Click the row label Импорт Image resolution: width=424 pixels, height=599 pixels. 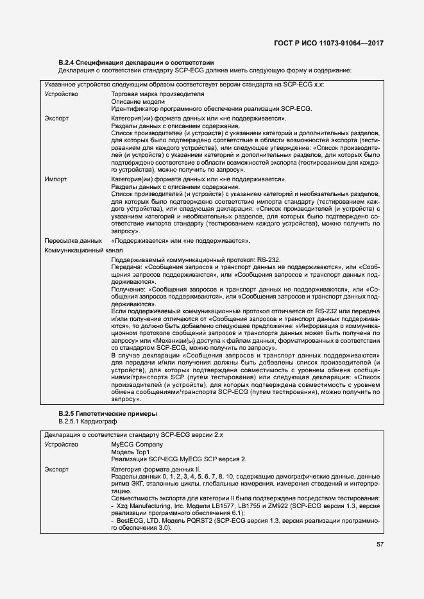pyautogui.click(x=56, y=180)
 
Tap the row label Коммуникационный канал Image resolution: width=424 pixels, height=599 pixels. pyautogui.click(x=76, y=249)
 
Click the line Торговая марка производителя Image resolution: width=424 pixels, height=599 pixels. pyautogui.click(x=157, y=94)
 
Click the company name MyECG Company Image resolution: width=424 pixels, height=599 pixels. pyautogui.click(x=137, y=444)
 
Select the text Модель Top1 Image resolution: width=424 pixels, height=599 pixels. pyautogui.click(x=130, y=452)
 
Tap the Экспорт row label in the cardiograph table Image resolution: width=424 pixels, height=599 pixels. pyautogui.click(x=56, y=470)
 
